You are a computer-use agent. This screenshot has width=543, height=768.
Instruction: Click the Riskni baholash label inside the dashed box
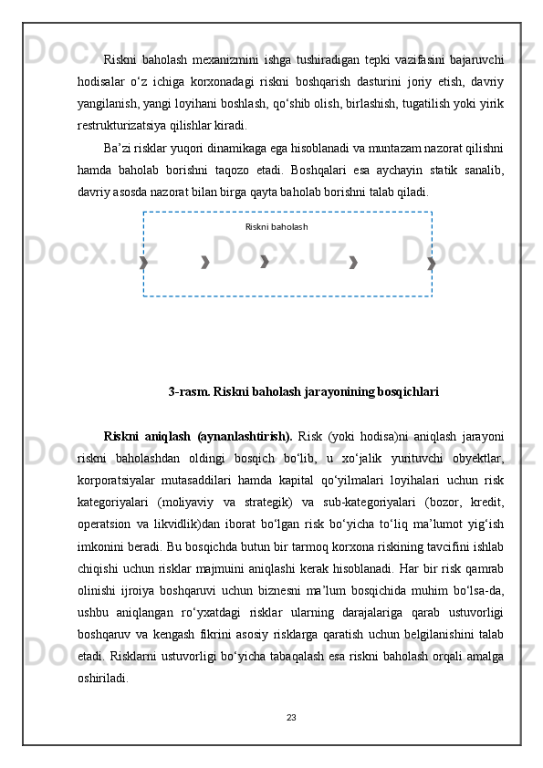(277, 226)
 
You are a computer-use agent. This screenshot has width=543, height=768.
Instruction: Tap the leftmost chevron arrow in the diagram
(143, 263)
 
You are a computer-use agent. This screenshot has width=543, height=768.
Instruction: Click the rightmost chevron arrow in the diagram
(432, 263)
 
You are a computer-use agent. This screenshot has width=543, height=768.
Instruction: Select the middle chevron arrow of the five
(265, 263)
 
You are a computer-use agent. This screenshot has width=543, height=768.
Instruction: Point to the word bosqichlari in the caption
(408, 392)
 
